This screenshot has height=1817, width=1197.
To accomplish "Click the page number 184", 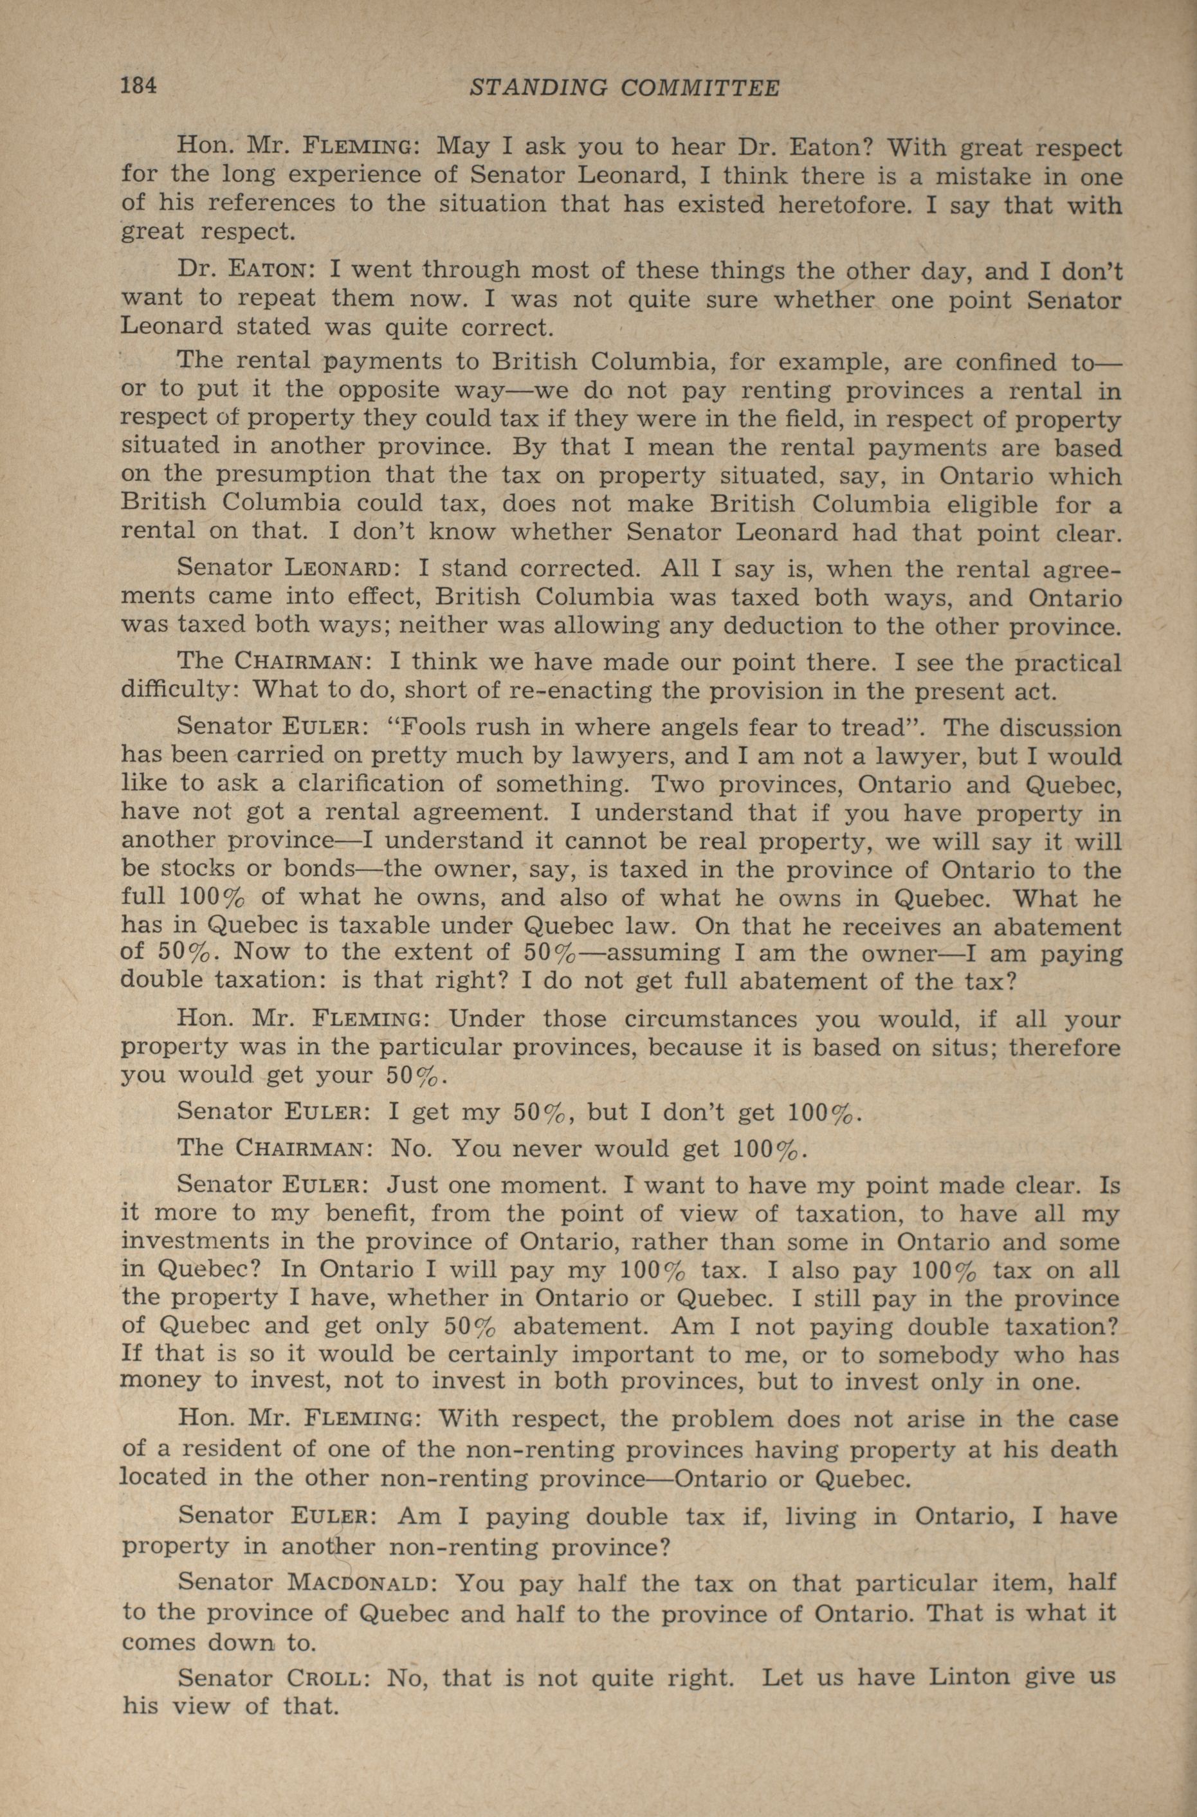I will click(139, 86).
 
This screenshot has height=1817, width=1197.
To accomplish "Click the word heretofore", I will click(845, 205).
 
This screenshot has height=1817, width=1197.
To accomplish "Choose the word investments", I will click(203, 1241).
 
